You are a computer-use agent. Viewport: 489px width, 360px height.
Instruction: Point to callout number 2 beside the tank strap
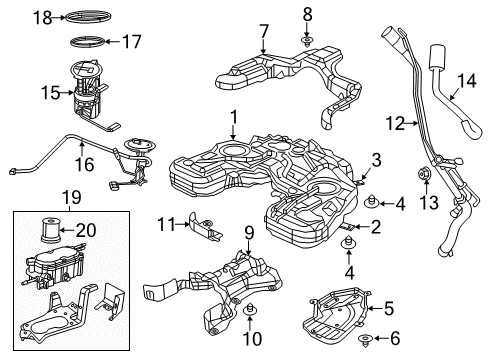point(375,228)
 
